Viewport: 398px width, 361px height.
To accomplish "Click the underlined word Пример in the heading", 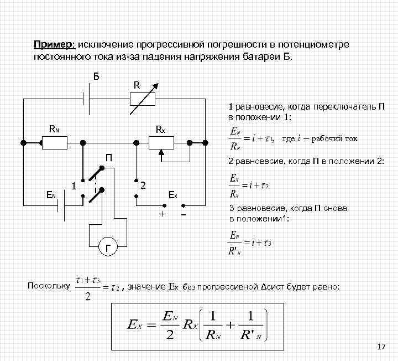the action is [x=54, y=44].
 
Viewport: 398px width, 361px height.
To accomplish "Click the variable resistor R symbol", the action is [x=142, y=100].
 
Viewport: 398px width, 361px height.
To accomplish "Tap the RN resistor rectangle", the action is [x=54, y=143].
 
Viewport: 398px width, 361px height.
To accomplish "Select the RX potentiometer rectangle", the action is [x=161, y=143].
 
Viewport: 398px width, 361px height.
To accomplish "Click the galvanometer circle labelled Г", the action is [x=108, y=247].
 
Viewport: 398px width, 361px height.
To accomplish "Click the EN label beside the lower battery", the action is [x=51, y=195].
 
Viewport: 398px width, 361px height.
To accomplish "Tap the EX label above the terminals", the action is [x=173, y=195].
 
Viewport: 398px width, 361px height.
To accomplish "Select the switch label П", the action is [x=109, y=158].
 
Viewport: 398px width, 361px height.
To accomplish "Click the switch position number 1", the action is [x=72, y=185].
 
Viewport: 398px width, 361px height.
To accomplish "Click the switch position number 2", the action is [x=143, y=185].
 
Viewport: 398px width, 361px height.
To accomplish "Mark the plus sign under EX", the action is [x=163, y=214].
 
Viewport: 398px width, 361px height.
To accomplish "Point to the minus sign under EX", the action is [x=183, y=214].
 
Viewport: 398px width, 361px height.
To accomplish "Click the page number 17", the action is [x=380, y=347].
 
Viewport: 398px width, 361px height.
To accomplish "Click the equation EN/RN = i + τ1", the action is [x=250, y=139].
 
